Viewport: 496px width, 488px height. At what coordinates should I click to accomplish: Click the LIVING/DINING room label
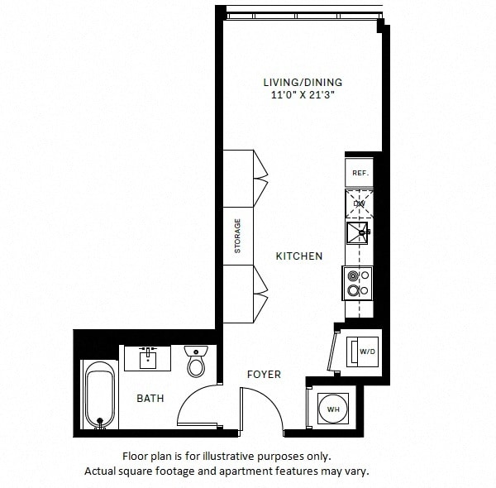click(302, 83)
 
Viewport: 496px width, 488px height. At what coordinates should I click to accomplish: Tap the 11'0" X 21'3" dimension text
click(302, 96)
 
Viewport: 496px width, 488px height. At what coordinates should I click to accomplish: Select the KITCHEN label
click(298, 256)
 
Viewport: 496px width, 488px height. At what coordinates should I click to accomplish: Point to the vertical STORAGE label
click(237, 236)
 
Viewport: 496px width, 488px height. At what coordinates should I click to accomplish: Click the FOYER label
click(264, 375)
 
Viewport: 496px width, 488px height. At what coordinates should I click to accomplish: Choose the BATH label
click(150, 399)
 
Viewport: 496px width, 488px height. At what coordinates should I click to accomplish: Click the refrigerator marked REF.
click(360, 173)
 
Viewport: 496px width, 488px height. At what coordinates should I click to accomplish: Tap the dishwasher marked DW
click(360, 203)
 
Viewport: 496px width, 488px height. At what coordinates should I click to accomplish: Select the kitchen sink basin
click(359, 232)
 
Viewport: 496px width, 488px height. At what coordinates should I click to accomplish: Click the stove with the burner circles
click(359, 283)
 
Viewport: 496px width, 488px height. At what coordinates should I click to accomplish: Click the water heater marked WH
click(333, 409)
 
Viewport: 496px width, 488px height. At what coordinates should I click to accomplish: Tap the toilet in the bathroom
click(197, 362)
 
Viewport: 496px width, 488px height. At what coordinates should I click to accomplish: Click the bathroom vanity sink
click(148, 358)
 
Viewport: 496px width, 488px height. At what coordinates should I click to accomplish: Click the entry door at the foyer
click(265, 409)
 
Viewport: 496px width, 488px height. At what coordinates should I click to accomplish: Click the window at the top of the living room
click(303, 14)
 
